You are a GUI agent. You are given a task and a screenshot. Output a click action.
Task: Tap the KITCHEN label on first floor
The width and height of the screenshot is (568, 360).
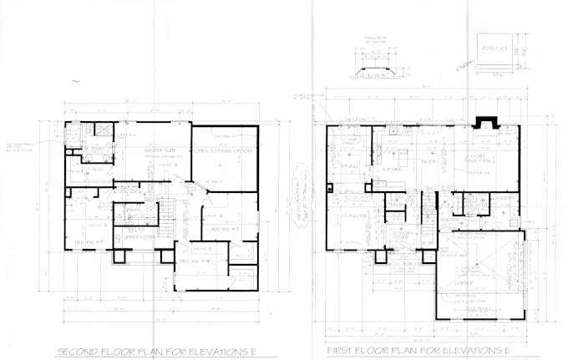393,169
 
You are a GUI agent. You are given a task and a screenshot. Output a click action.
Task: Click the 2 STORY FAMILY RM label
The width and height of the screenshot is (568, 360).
479,159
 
